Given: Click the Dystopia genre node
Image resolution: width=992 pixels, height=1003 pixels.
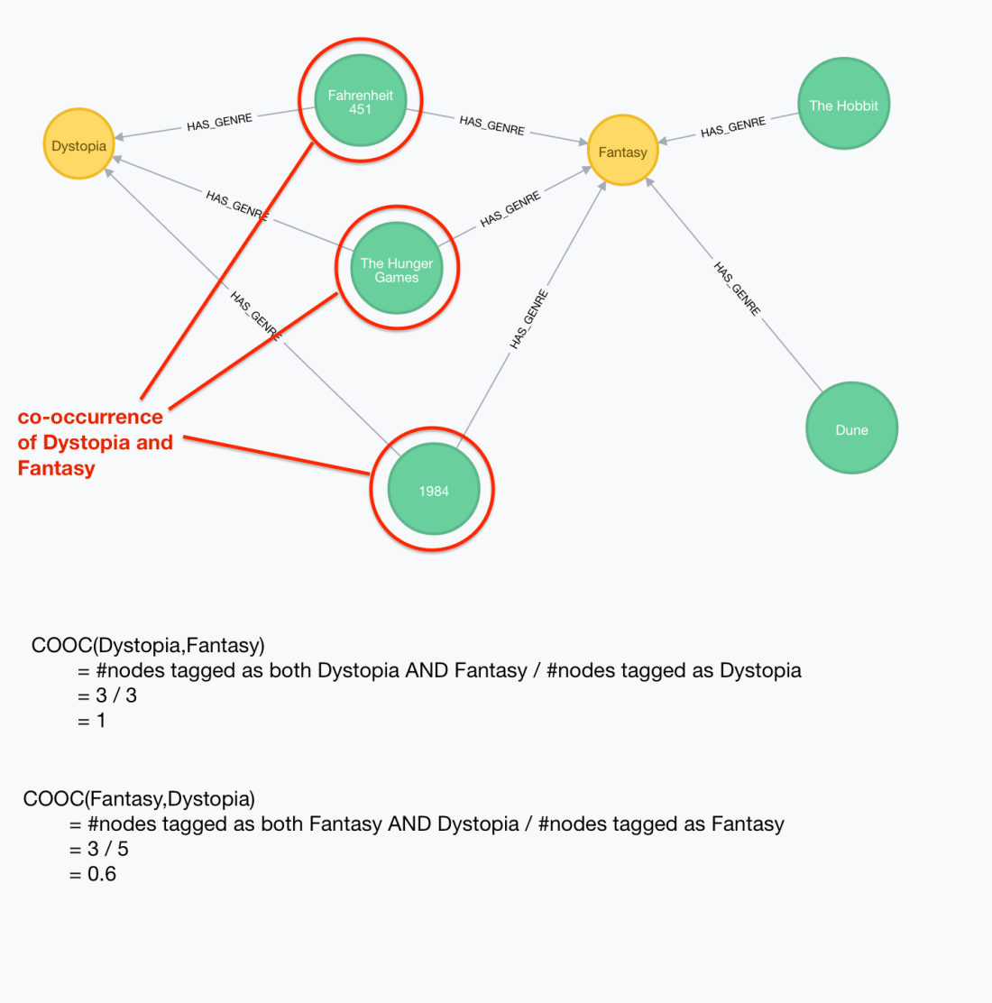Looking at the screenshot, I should click(79, 145).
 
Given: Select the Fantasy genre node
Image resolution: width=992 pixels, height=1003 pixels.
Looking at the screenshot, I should click(622, 152).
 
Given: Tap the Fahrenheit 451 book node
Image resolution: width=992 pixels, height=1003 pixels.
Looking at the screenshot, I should click(361, 101).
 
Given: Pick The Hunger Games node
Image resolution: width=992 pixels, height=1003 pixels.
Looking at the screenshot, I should click(397, 269).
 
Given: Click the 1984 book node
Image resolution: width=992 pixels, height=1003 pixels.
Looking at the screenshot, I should click(433, 490).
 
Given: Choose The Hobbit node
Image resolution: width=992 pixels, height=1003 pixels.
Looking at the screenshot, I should click(843, 105).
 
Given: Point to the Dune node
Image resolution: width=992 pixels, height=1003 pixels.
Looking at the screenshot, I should click(851, 429).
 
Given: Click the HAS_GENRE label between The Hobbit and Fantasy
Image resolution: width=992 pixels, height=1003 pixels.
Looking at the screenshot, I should click(733, 128).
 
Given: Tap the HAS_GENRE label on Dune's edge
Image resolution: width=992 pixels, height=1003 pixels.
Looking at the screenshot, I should click(738, 289).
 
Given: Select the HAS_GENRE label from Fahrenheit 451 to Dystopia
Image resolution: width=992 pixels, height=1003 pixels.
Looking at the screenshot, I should click(219, 123).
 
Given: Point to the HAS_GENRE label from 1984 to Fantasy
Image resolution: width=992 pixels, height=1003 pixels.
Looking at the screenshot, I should click(529, 319).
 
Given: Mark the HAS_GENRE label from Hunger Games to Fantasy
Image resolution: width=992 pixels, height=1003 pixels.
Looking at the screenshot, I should click(510, 209).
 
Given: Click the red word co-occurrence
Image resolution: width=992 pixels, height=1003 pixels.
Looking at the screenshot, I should click(90, 417).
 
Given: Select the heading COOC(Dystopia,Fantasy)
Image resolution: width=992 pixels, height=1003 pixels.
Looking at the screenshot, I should click(148, 645).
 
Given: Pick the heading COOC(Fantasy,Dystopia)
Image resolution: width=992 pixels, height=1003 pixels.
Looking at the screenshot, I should click(139, 798).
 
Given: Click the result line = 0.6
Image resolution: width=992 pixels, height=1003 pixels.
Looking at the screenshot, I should click(93, 874).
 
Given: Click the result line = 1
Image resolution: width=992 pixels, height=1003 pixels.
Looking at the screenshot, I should click(92, 721).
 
